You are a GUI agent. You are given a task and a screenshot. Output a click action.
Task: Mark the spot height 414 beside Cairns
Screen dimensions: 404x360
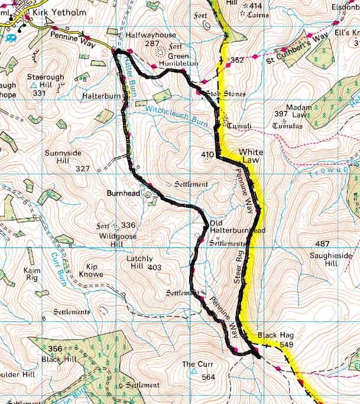click(x=257, y=5)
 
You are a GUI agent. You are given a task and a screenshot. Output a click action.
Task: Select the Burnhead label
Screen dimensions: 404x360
click(x=124, y=193)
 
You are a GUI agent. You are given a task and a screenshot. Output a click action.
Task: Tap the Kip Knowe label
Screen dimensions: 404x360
click(x=86, y=271)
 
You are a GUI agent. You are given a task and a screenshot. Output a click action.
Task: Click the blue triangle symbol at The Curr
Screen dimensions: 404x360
click(x=194, y=372)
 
